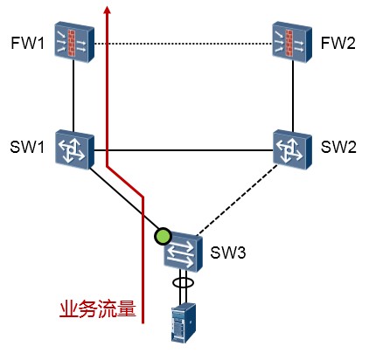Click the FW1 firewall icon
click(x=74, y=43)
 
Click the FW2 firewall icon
click(x=292, y=43)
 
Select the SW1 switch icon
click(x=74, y=150)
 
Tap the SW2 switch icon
click(x=292, y=150)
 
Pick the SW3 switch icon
click(x=183, y=253)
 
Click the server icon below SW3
click(x=183, y=322)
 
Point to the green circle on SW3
click(x=163, y=236)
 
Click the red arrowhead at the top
click(x=108, y=10)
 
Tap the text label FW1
click(x=28, y=43)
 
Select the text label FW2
click(x=338, y=43)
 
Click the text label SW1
click(x=27, y=147)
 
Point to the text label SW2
click(x=338, y=147)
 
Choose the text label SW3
click(x=228, y=253)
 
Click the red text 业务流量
click(x=98, y=308)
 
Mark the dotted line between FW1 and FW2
click(x=184, y=44)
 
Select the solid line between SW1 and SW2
click(x=184, y=150)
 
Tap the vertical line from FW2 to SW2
click(x=293, y=96)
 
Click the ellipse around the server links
click(x=183, y=282)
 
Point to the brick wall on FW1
click(x=72, y=43)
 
